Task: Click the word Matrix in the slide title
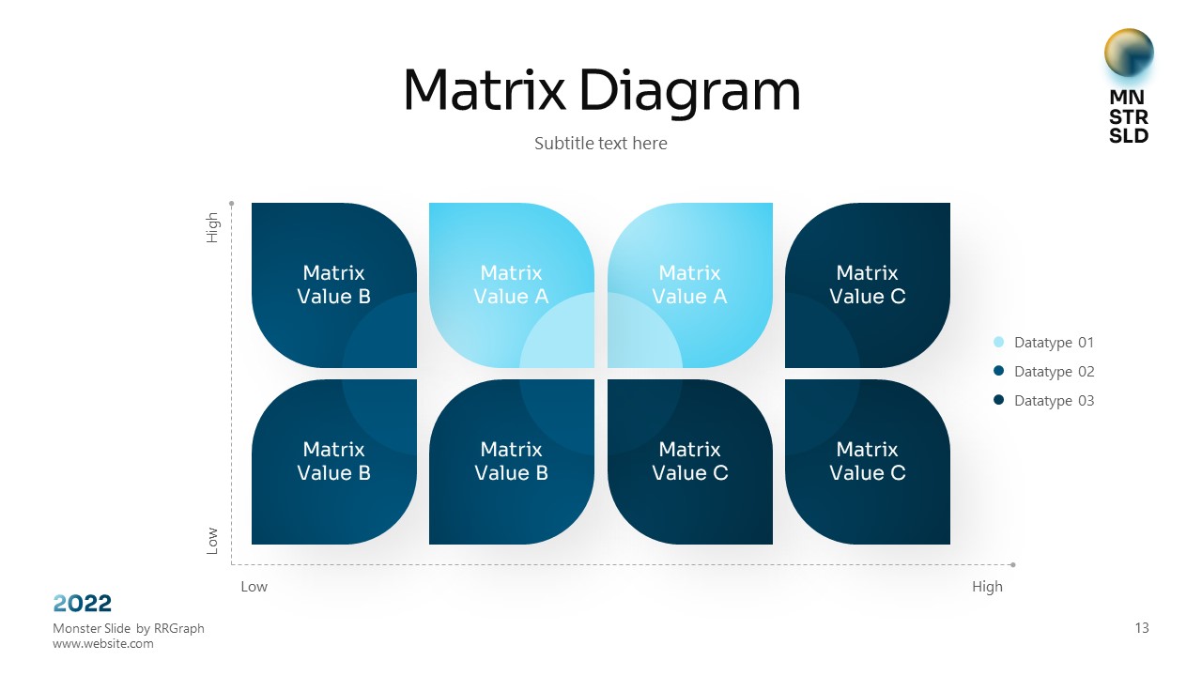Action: [484, 91]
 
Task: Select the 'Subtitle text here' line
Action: [601, 144]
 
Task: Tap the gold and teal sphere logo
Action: [1129, 54]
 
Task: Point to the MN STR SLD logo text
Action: [1129, 116]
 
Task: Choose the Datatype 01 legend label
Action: [1054, 343]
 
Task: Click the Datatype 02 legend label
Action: [1054, 372]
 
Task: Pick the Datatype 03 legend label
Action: [1054, 401]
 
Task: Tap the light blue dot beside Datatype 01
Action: [998, 343]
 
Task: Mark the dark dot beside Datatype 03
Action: [998, 400]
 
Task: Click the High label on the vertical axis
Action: [213, 228]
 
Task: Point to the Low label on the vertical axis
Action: [213, 539]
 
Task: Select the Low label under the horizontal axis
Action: [254, 587]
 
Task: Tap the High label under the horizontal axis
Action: [987, 587]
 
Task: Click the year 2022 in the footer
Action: [83, 603]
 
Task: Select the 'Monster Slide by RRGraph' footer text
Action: [129, 628]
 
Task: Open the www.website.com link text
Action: [103, 644]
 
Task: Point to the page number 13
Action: [1142, 628]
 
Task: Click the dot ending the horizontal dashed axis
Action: [1013, 564]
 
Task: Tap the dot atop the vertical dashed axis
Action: [231, 202]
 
